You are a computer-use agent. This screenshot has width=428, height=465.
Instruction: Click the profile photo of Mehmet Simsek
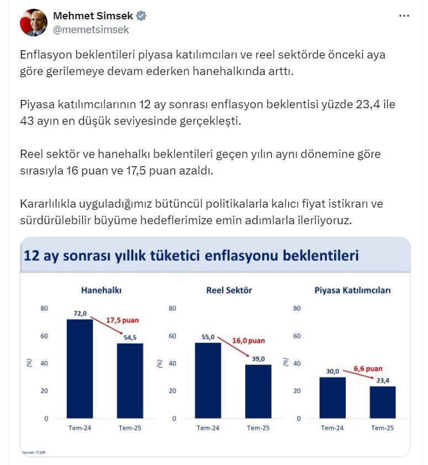coord(34,22)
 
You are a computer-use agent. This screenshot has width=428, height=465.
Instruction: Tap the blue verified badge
coord(141,16)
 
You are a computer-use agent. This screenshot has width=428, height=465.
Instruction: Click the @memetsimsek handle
coord(91,30)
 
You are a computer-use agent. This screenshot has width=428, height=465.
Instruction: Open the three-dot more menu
coord(404,16)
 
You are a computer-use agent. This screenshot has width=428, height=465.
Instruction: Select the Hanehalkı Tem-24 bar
coord(80,368)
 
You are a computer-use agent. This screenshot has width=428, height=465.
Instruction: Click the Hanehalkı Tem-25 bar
coord(130,381)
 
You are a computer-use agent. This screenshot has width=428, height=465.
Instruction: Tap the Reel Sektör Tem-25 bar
coord(258,391)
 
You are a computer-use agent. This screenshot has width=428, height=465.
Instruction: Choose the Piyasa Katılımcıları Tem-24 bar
coord(332,397)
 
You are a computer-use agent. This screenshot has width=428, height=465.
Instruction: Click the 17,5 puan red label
coord(122,319)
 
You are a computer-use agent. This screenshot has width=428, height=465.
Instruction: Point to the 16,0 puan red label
coord(249,341)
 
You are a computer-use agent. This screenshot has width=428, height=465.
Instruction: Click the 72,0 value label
coord(80,313)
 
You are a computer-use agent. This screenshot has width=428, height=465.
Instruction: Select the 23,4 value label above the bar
coord(383,381)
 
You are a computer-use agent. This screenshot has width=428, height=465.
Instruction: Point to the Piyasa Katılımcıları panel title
coord(352,289)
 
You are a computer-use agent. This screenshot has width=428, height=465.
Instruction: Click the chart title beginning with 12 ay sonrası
coord(191,256)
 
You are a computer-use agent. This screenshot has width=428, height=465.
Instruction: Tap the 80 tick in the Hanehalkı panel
coord(44,308)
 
